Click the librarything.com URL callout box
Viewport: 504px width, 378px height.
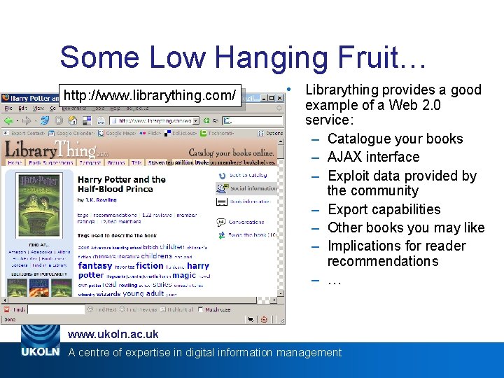click(x=149, y=94)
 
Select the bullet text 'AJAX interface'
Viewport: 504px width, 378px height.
click(x=373, y=157)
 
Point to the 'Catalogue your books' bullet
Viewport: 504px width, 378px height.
click(x=395, y=139)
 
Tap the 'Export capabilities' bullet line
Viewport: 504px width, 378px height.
click(x=384, y=209)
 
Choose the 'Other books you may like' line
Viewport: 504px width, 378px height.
click(x=405, y=227)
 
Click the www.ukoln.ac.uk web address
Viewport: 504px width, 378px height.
click(x=113, y=335)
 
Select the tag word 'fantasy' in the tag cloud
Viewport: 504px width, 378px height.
click(x=95, y=266)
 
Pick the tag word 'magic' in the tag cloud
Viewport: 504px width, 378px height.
click(x=184, y=275)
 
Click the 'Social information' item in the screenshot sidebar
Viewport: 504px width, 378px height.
click(x=253, y=188)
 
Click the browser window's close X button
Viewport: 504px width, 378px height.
click(x=280, y=97)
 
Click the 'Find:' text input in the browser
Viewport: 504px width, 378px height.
click(x=56, y=309)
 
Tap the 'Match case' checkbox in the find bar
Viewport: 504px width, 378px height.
click(x=199, y=309)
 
